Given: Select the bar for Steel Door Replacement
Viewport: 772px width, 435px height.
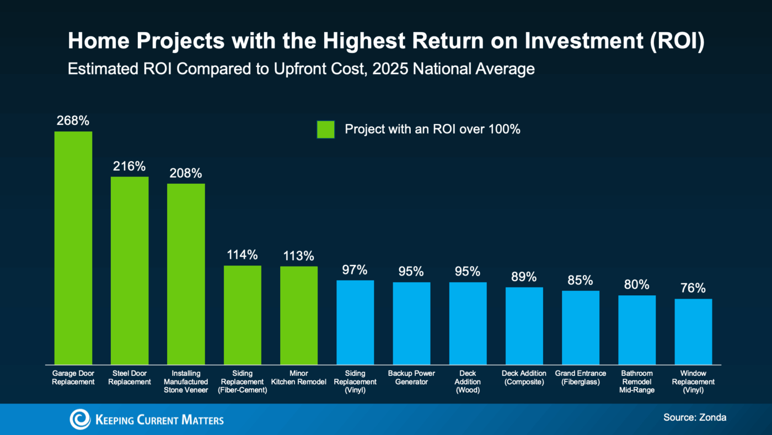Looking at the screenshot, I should pyautogui.click(x=130, y=270).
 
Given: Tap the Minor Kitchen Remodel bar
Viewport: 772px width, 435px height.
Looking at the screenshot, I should pyautogui.click(x=299, y=315).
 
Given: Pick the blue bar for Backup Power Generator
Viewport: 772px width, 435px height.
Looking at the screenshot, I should pyautogui.click(x=411, y=323).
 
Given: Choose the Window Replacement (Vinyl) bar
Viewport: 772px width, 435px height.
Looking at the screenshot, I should pyautogui.click(x=693, y=331).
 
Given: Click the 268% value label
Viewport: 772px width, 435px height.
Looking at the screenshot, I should pyautogui.click(x=73, y=121).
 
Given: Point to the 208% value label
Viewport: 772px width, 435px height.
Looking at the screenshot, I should pyautogui.click(x=186, y=173).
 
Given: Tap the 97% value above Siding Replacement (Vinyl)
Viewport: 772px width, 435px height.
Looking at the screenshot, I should pyautogui.click(x=355, y=270).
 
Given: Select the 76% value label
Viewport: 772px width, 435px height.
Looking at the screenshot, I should pyautogui.click(x=693, y=288).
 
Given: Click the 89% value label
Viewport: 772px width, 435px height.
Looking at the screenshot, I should pyautogui.click(x=524, y=277).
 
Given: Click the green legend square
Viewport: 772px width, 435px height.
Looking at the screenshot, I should pyautogui.click(x=325, y=129).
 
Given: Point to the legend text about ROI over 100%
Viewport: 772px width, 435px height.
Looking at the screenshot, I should pyautogui.click(x=432, y=129).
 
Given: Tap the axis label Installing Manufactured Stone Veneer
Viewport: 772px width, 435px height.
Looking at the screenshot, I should pyautogui.click(x=186, y=381).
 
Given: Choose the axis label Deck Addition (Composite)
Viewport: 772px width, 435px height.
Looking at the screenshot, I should pyautogui.click(x=524, y=378).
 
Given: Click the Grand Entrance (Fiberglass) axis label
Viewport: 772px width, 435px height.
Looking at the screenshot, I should pyautogui.click(x=580, y=378).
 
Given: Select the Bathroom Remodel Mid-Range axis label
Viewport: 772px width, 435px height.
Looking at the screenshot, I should pyautogui.click(x=637, y=381).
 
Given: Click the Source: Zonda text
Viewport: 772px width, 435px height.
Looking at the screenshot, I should pyautogui.click(x=694, y=417).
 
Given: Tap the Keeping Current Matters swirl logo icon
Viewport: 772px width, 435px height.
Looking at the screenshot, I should pyautogui.click(x=79, y=420).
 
